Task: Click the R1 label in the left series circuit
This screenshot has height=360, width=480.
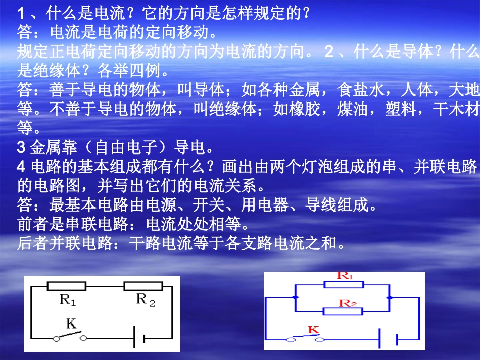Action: point(68,301)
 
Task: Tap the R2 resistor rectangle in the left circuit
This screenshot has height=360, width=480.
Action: point(143,286)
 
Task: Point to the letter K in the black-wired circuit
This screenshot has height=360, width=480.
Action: point(71,324)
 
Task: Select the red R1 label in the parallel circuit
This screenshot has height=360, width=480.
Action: point(345,276)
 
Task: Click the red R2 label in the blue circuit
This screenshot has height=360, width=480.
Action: point(348,303)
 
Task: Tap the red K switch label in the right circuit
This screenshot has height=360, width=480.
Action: point(313,330)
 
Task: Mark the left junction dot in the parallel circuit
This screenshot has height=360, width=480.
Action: point(295,298)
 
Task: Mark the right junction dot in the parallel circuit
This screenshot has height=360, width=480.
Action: point(389,298)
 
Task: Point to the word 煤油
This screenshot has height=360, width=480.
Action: point(353,110)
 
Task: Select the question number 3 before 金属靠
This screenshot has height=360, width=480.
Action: point(21,148)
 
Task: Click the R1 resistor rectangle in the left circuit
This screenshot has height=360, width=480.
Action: point(67,286)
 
